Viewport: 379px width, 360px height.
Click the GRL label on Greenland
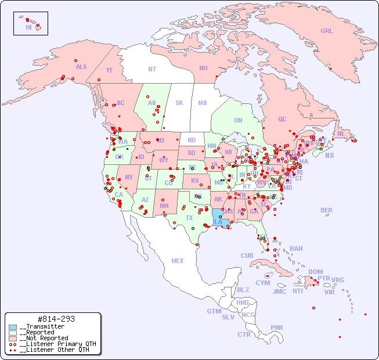pyautogui.click(x=327, y=31)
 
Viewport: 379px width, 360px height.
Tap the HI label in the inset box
pyautogui.click(x=28, y=27)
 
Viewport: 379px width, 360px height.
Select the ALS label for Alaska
pyautogui.click(x=81, y=67)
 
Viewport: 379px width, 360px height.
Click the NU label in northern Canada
pyautogui.click(x=203, y=68)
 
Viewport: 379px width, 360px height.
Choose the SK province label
pyautogui.click(x=179, y=103)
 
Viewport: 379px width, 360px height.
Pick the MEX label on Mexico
pyautogui.click(x=178, y=261)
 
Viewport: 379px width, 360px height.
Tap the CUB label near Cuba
pyautogui.click(x=247, y=255)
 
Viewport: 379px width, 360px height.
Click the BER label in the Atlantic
pyautogui.click(x=327, y=210)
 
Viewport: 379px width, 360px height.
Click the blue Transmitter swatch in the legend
pyautogui.click(x=13, y=327)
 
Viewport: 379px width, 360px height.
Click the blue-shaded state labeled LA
pyautogui.click(x=218, y=222)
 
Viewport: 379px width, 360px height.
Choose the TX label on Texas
pyautogui.click(x=189, y=218)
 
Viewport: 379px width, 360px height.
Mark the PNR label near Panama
pyautogui.click(x=277, y=327)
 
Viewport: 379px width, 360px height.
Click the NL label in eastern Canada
pyautogui.click(x=341, y=134)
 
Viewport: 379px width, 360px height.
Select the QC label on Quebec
pyautogui.click(x=282, y=119)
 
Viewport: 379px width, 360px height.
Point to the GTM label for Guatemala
pyautogui.click(x=214, y=311)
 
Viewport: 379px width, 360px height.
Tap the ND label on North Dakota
pyautogui.click(x=192, y=140)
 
